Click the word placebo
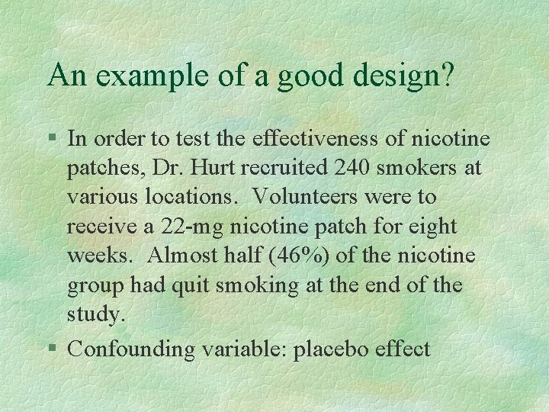(331, 349)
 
